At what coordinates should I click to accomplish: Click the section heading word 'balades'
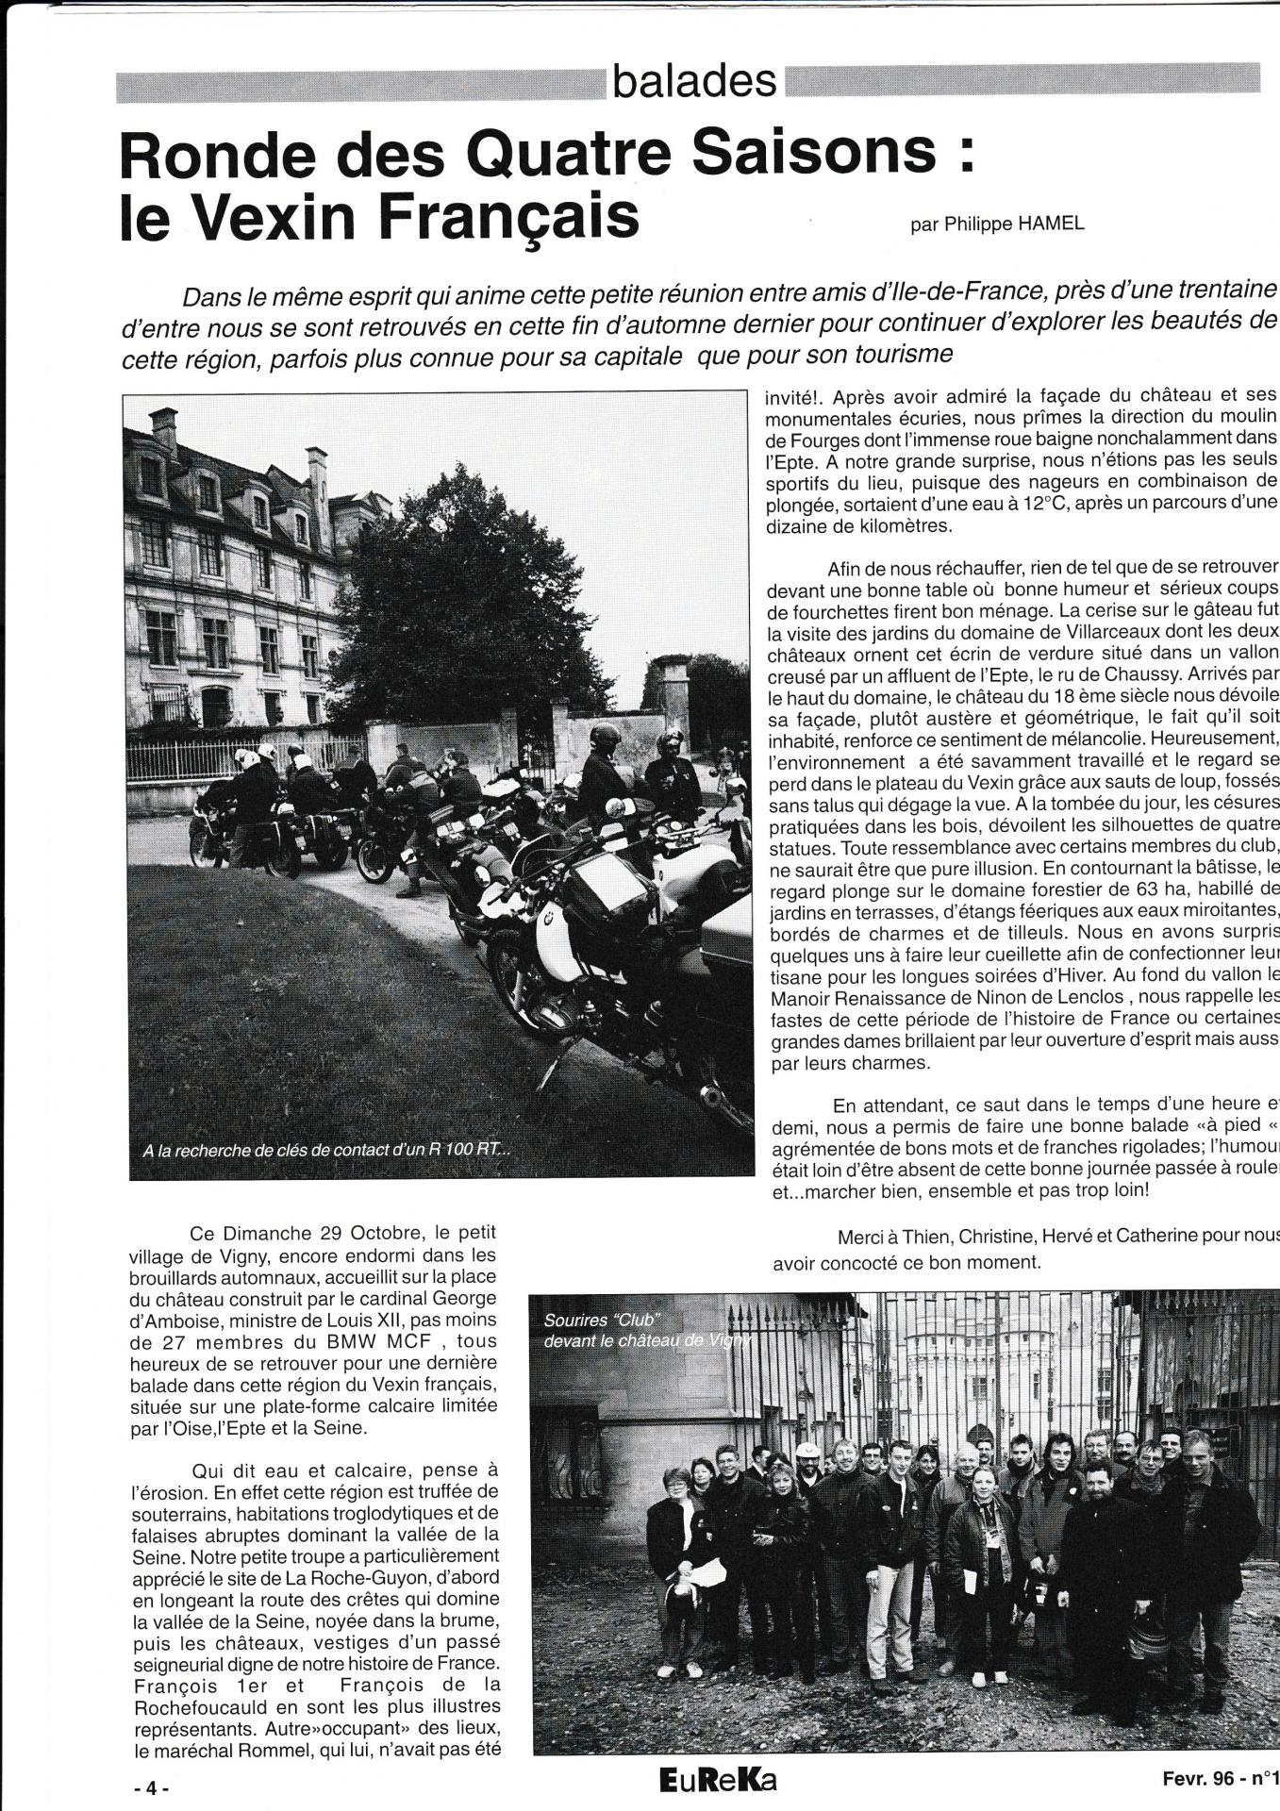point(694,83)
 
